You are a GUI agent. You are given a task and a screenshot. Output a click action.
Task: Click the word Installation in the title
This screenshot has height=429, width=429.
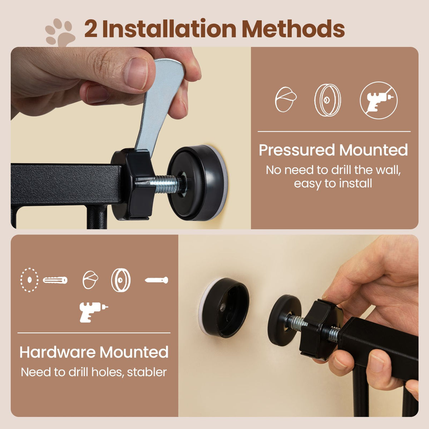click(x=169, y=29)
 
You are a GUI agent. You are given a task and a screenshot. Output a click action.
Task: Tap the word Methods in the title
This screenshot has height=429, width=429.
click(x=294, y=29)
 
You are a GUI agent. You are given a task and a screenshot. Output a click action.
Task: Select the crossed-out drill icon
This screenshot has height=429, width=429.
click(x=379, y=100)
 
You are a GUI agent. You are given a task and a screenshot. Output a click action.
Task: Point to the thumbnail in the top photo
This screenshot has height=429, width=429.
click(x=136, y=74)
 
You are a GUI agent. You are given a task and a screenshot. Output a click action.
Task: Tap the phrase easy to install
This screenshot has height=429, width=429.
click(x=333, y=184)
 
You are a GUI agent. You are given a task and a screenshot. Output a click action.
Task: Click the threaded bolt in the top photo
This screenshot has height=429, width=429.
click(x=167, y=184)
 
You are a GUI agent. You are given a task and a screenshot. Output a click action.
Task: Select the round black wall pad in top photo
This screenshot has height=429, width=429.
click(x=197, y=183)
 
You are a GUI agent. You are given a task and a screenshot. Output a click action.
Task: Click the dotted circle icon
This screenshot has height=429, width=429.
click(x=29, y=280)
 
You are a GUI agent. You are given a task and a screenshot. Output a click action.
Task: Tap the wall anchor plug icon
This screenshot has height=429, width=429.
click(x=55, y=280)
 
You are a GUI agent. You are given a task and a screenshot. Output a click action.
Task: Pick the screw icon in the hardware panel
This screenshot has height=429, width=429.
click(x=157, y=280)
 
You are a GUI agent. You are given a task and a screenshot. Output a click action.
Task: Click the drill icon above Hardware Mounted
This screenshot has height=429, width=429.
click(x=93, y=312)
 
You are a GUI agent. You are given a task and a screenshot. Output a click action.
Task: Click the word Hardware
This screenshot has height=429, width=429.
click(x=58, y=352)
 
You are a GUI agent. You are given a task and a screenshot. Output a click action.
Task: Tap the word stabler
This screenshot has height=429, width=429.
click(x=147, y=372)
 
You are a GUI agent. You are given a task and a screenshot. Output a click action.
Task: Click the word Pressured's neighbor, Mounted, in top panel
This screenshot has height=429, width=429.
click(x=374, y=150)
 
